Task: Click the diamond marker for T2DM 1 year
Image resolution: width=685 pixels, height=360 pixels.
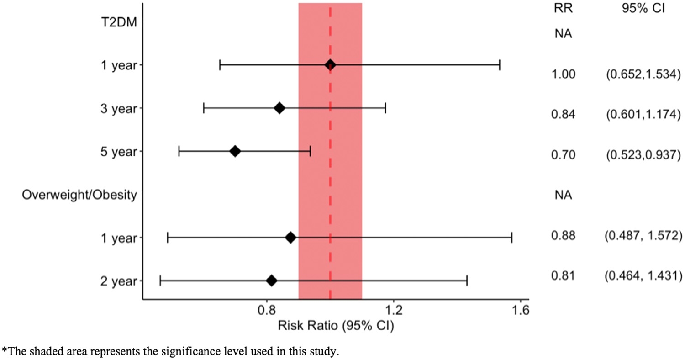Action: tap(330, 65)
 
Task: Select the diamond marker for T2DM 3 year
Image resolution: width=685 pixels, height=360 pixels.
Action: tap(279, 108)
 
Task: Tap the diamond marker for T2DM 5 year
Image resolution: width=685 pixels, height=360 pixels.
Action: tap(235, 151)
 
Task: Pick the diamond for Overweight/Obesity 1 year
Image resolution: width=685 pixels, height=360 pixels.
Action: tap(290, 238)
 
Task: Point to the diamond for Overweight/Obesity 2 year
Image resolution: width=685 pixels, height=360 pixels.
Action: tap(271, 281)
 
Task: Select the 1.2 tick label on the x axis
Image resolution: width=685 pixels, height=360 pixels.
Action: tap(393, 311)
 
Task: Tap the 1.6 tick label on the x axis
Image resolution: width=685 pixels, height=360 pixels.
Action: tap(520, 311)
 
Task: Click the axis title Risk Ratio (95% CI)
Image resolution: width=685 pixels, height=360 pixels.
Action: tap(336, 326)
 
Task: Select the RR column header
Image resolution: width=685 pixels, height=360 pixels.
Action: tap(560, 9)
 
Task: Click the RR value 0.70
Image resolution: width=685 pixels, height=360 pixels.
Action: tap(560, 155)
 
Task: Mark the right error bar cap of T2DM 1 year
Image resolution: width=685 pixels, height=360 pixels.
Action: tap(500, 65)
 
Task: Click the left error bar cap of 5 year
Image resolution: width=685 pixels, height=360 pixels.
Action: tap(179, 151)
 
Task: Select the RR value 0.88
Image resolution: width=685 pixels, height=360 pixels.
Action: tap(560, 236)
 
